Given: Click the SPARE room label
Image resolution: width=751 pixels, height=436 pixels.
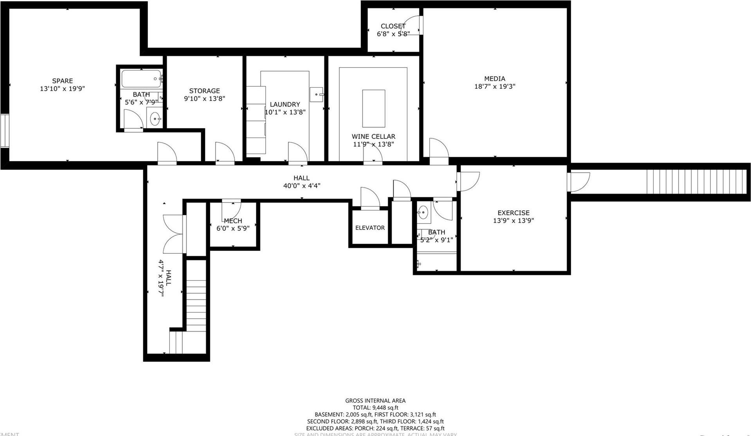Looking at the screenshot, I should [63, 81].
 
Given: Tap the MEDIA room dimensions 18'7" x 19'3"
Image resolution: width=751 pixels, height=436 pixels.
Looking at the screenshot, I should [495, 86].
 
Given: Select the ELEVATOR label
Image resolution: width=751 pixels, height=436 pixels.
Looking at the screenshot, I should [370, 228].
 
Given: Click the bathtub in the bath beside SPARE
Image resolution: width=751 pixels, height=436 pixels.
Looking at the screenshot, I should [141, 79].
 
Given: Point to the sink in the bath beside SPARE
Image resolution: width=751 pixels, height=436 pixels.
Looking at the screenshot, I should [155, 118].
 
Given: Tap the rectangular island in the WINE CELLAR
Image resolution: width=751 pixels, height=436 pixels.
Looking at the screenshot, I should [373, 108].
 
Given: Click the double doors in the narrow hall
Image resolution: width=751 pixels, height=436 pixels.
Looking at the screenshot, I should [173, 234].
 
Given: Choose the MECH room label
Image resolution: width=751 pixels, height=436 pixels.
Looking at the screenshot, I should [233, 221].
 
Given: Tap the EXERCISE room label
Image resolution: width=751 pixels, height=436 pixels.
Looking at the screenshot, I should [513, 213].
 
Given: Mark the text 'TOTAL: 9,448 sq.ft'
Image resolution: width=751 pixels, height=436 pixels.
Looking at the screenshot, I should [375, 407].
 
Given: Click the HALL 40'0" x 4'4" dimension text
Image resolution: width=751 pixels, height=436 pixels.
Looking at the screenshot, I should [302, 186].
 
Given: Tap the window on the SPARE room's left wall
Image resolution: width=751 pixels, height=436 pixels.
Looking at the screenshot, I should [5, 131].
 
